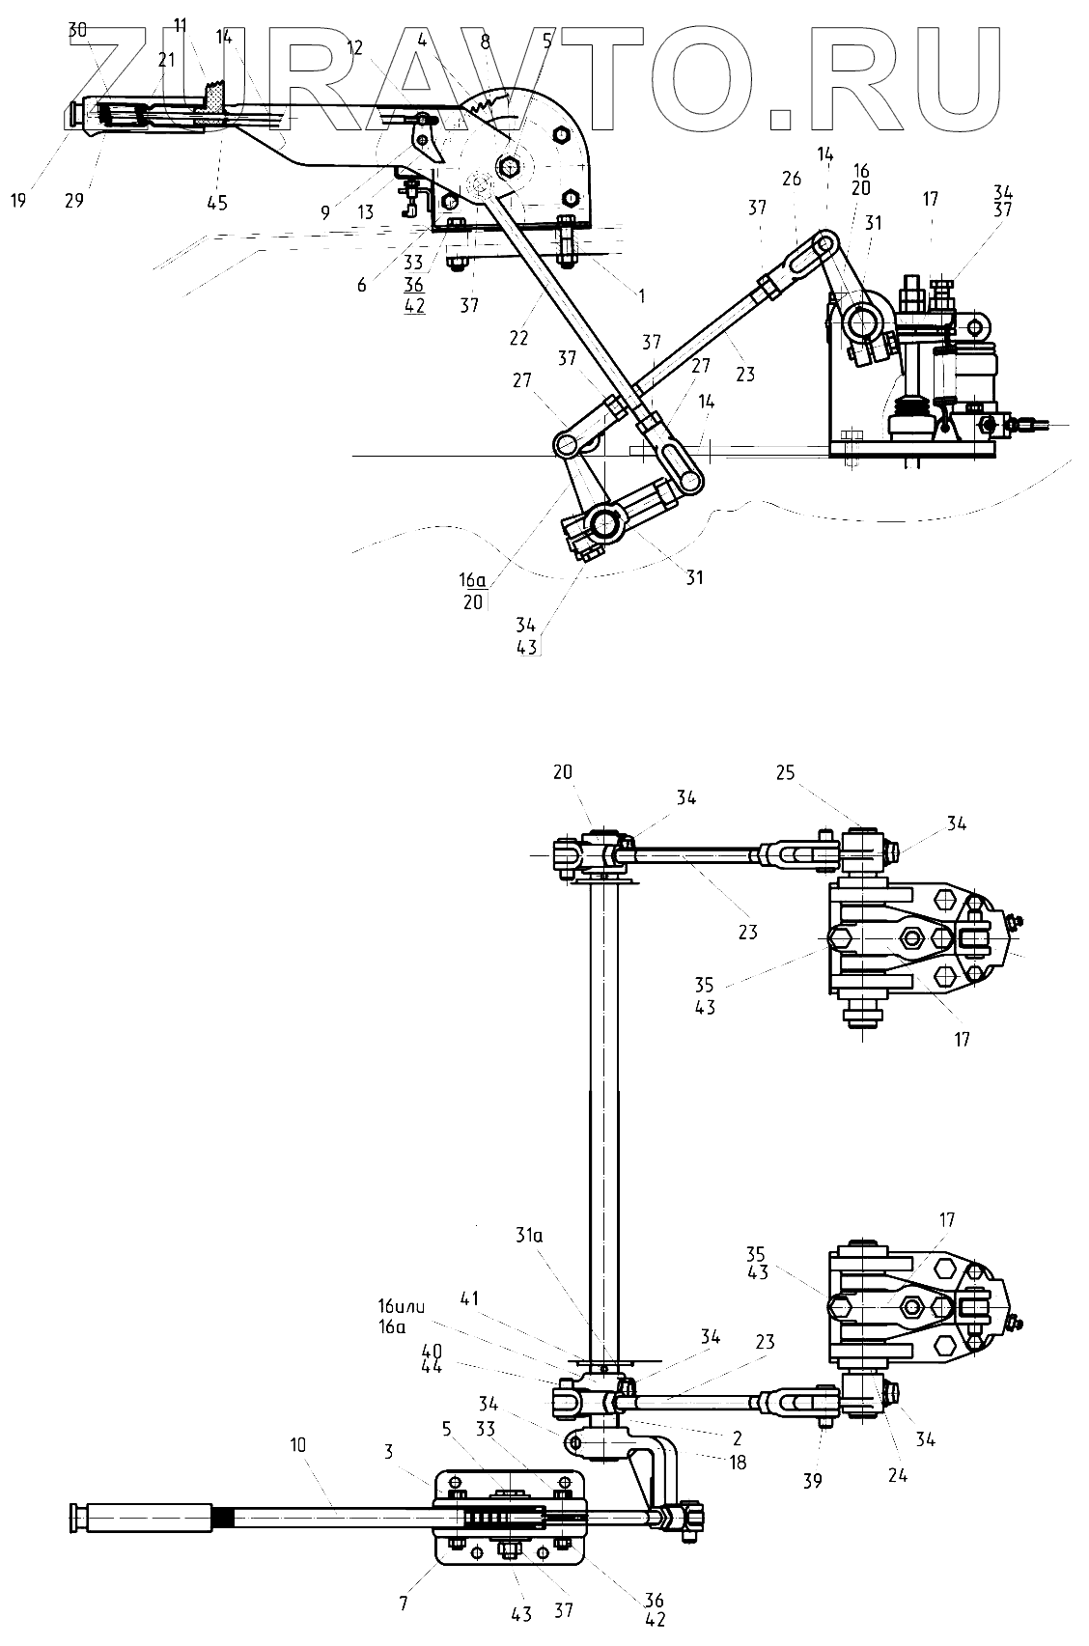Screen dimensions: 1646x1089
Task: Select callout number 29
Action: [74, 201]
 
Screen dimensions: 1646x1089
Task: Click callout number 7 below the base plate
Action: [404, 1604]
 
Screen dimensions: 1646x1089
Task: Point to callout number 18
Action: [739, 1462]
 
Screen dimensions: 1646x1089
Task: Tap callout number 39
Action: [813, 1481]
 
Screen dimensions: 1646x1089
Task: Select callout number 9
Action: [324, 212]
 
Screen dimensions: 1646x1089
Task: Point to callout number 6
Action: [361, 286]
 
